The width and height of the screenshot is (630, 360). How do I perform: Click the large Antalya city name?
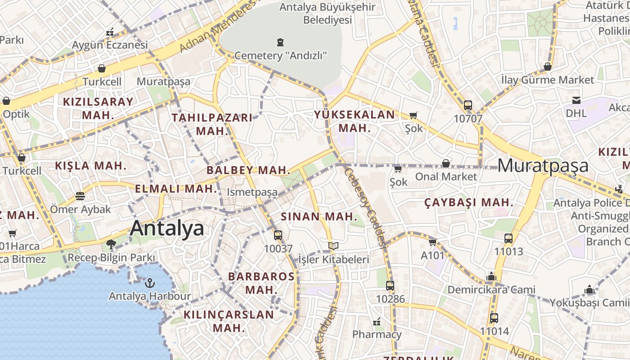coord(167,228)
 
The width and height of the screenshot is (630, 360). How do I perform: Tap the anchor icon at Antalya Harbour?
coord(149,283)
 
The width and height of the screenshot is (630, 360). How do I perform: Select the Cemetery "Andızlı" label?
coord(280,56)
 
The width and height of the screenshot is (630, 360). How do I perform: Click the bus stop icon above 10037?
coord(278,235)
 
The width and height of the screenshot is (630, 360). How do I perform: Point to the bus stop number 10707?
coord(468,119)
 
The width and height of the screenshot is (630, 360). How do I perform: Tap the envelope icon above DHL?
coord(576,100)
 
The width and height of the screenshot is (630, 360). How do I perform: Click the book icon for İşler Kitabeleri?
coord(333,246)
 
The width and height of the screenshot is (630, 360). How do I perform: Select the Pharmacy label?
coord(377,334)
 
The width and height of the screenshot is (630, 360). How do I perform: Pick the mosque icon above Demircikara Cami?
coord(491,276)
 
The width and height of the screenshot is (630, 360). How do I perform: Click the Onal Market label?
coord(445,176)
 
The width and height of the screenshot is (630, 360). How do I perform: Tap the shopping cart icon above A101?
coord(433,242)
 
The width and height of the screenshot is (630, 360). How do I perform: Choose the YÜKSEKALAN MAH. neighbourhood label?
coord(355,121)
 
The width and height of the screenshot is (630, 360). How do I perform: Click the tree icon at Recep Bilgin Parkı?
coord(111,244)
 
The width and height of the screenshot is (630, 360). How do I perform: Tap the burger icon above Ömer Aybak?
coord(80,196)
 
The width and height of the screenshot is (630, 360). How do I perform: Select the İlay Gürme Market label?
coord(548,80)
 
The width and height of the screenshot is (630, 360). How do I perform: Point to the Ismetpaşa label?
coord(252,192)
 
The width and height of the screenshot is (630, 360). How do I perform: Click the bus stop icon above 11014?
coord(494,318)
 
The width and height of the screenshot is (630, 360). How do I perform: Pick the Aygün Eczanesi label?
coord(110,45)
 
